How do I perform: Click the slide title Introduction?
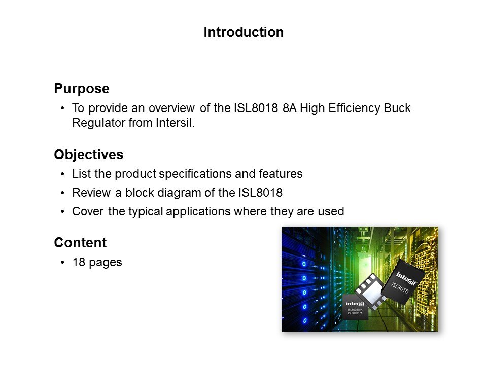click(x=243, y=32)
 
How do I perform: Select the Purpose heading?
click(x=82, y=89)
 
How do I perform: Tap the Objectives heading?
click(x=88, y=155)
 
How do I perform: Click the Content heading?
click(x=80, y=243)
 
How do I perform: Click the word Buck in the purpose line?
click(x=397, y=108)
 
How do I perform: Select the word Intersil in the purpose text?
click(x=173, y=123)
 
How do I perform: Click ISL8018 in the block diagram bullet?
click(x=260, y=193)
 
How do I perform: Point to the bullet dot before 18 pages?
click(x=63, y=263)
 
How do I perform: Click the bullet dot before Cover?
click(x=63, y=212)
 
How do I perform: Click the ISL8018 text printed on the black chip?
click(x=400, y=288)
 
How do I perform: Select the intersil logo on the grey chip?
click(x=355, y=304)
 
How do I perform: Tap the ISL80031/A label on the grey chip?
click(x=355, y=313)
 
